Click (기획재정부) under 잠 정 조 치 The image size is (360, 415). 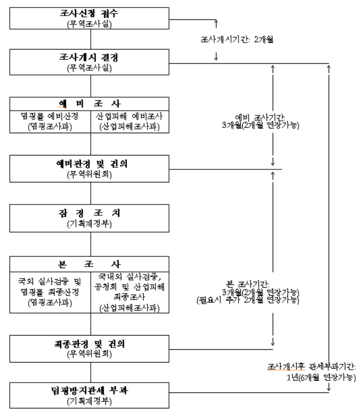(90, 222)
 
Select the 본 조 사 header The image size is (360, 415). (90, 264)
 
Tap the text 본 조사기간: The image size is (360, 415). (248, 284)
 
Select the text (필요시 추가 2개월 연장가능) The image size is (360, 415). (248, 300)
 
